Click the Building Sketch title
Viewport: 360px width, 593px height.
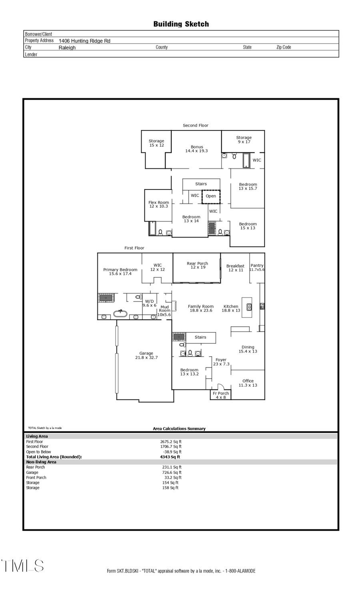(x=181, y=24)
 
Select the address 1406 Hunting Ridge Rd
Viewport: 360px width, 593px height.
(x=84, y=41)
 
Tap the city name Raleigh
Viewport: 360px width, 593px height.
(x=67, y=48)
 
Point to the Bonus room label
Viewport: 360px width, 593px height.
(x=196, y=149)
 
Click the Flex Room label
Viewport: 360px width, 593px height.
(x=158, y=204)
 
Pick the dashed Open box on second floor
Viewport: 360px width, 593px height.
(x=211, y=196)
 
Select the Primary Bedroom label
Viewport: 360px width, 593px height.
(x=120, y=272)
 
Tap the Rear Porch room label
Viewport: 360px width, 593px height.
(x=197, y=265)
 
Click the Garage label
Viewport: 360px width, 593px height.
(x=146, y=355)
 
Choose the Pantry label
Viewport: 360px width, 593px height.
(x=257, y=267)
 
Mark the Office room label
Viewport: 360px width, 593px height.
(x=248, y=383)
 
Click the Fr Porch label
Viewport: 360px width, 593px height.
(x=220, y=395)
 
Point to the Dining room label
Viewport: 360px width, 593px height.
(x=248, y=349)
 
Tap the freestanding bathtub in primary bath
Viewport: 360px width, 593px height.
(x=120, y=314)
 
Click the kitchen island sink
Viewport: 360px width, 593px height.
(x=249, y=307)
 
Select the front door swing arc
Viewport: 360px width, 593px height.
(x=220, y=386)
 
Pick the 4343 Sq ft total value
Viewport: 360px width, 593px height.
(x=170, y=457)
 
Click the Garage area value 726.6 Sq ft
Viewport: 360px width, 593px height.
(x=172, y=472)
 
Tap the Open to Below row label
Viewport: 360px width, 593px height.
(x=39, y=452)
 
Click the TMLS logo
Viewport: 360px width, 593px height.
(x=22, y=565)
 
